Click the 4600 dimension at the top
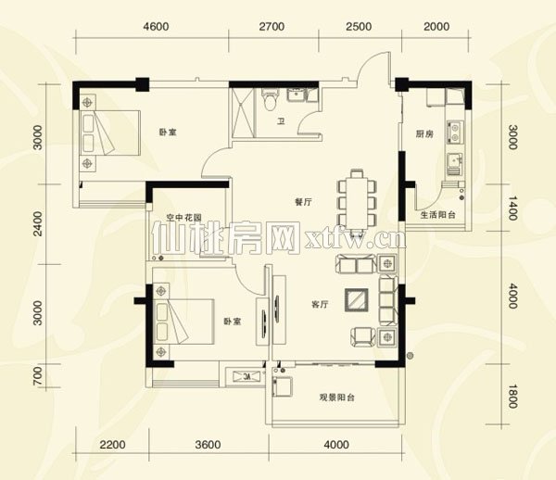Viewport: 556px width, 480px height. (x=156, y=27)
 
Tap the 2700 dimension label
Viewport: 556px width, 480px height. (x=272, y=27)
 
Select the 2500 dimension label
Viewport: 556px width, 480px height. (x=359, y=27)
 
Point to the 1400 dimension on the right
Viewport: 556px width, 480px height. (x=512, y=208)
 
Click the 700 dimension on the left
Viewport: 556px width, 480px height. (x=37, y=376)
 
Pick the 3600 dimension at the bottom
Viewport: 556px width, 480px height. (x=208, y=445)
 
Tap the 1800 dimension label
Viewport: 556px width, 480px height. (x=512, y=396)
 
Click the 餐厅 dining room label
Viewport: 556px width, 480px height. (x=303, y=202)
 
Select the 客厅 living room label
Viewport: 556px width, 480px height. (x=320, y=304)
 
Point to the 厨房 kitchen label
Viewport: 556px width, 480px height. (x=424, y=133)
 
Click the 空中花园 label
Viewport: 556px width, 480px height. (x=184, y=217)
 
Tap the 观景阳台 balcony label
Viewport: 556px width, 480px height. (x=337, y=398)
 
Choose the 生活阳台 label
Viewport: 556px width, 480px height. (x=437, y=215)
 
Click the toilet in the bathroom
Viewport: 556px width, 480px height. (x=270, y=99)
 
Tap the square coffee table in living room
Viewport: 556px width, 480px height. (x=356, y=300)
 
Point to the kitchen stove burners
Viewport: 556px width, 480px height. (x=455, y=132)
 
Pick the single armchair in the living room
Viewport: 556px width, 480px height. (x=362, y=336)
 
